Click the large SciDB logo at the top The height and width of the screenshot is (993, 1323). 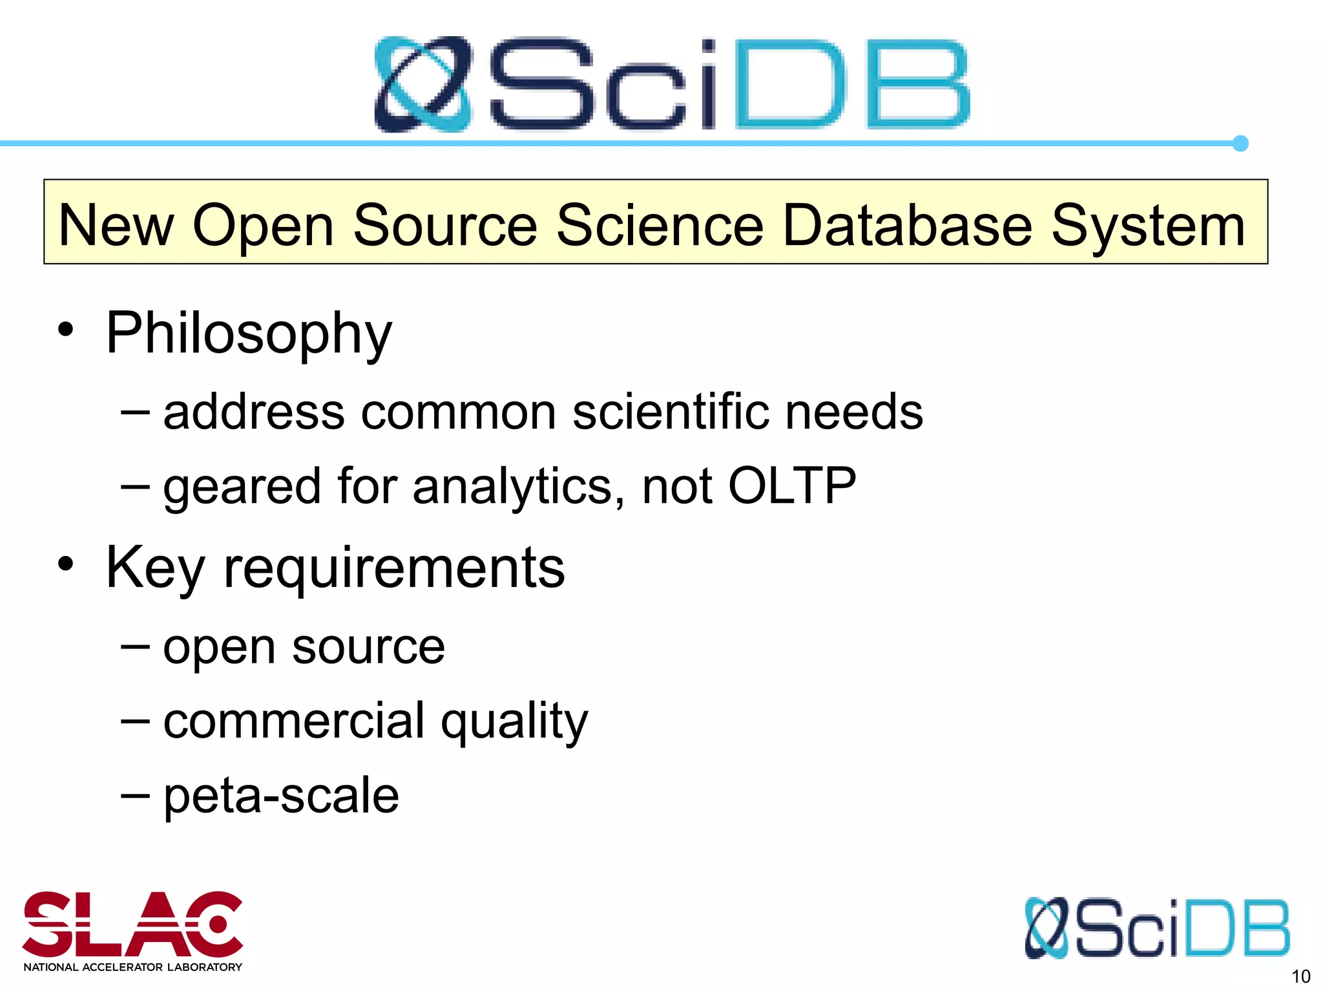coord(672,84)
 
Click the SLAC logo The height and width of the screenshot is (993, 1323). coord(132,924)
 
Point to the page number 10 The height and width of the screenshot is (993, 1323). coord(1300,976)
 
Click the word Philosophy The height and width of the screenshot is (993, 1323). coord(249,334)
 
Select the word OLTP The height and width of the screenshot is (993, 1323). coord(791,486)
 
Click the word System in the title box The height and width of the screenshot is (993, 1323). coord(1148,226)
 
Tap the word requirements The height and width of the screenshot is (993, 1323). coord(394,568)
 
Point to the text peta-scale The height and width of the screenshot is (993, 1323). coord(281,796)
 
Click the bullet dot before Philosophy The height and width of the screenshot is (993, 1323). coord(65,330)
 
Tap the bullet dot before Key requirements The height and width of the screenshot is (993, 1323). coord(65,564)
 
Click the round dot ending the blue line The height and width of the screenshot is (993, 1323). coord(1240,144)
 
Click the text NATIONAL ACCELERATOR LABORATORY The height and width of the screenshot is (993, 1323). coord(132,967)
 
